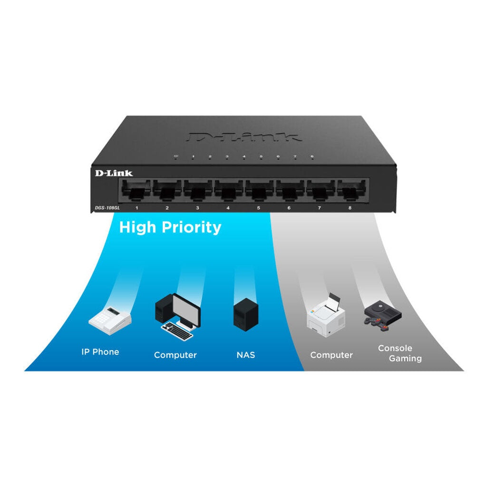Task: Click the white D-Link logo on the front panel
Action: point(114,173)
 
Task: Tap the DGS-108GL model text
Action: point(106,207)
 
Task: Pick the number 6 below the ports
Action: point(289,208)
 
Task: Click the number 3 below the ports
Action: point(197,208)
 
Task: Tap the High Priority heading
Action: point(170,227)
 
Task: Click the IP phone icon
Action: point(110,320)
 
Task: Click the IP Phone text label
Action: point(100,352)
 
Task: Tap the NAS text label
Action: point(245,355)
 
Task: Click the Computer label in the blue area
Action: point(175,355)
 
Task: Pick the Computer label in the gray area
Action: point(331,355)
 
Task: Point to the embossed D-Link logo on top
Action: point(244,136)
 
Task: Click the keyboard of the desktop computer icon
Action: point(178,331)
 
